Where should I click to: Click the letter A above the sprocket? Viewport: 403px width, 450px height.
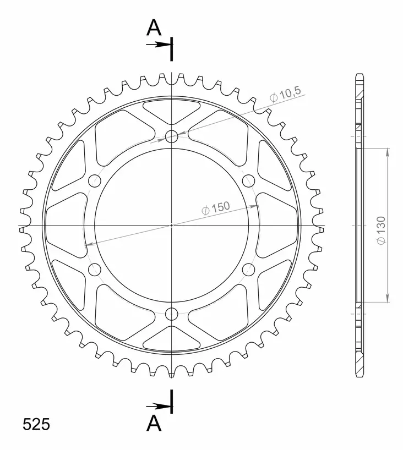coord(154,27)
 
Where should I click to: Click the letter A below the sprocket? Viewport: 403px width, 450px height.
coord(154,422)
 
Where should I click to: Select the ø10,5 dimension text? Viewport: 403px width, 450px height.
coord(285,96)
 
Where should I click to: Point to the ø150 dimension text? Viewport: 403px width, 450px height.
coord(215,208)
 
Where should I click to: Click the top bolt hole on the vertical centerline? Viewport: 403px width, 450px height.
coord(172,136)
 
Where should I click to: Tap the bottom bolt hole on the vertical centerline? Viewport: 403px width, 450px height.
coord(172,314)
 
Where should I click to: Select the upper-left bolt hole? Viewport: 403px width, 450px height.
coord(95,180)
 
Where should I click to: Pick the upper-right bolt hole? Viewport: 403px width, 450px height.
coord(249,180)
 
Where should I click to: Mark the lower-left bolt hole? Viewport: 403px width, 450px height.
coord(95,270)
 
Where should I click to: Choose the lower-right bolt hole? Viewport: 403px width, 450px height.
coord(249,270)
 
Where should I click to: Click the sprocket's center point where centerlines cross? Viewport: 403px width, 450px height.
coord(172,225)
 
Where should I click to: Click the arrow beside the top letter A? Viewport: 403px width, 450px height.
coord(159,45)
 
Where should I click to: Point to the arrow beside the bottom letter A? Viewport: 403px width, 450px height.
coord(159,406)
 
